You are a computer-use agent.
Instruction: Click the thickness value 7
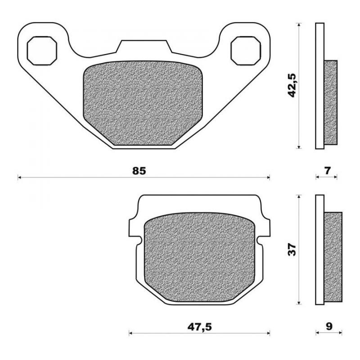click(327, 171)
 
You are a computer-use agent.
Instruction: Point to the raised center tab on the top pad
click(144, 47)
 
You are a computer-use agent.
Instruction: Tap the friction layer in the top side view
click(331, 102)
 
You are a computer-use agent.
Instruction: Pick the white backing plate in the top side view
click(319, 85)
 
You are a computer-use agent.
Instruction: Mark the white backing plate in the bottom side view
click(319, 250)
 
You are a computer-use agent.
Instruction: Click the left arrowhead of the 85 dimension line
click(19, 178)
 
